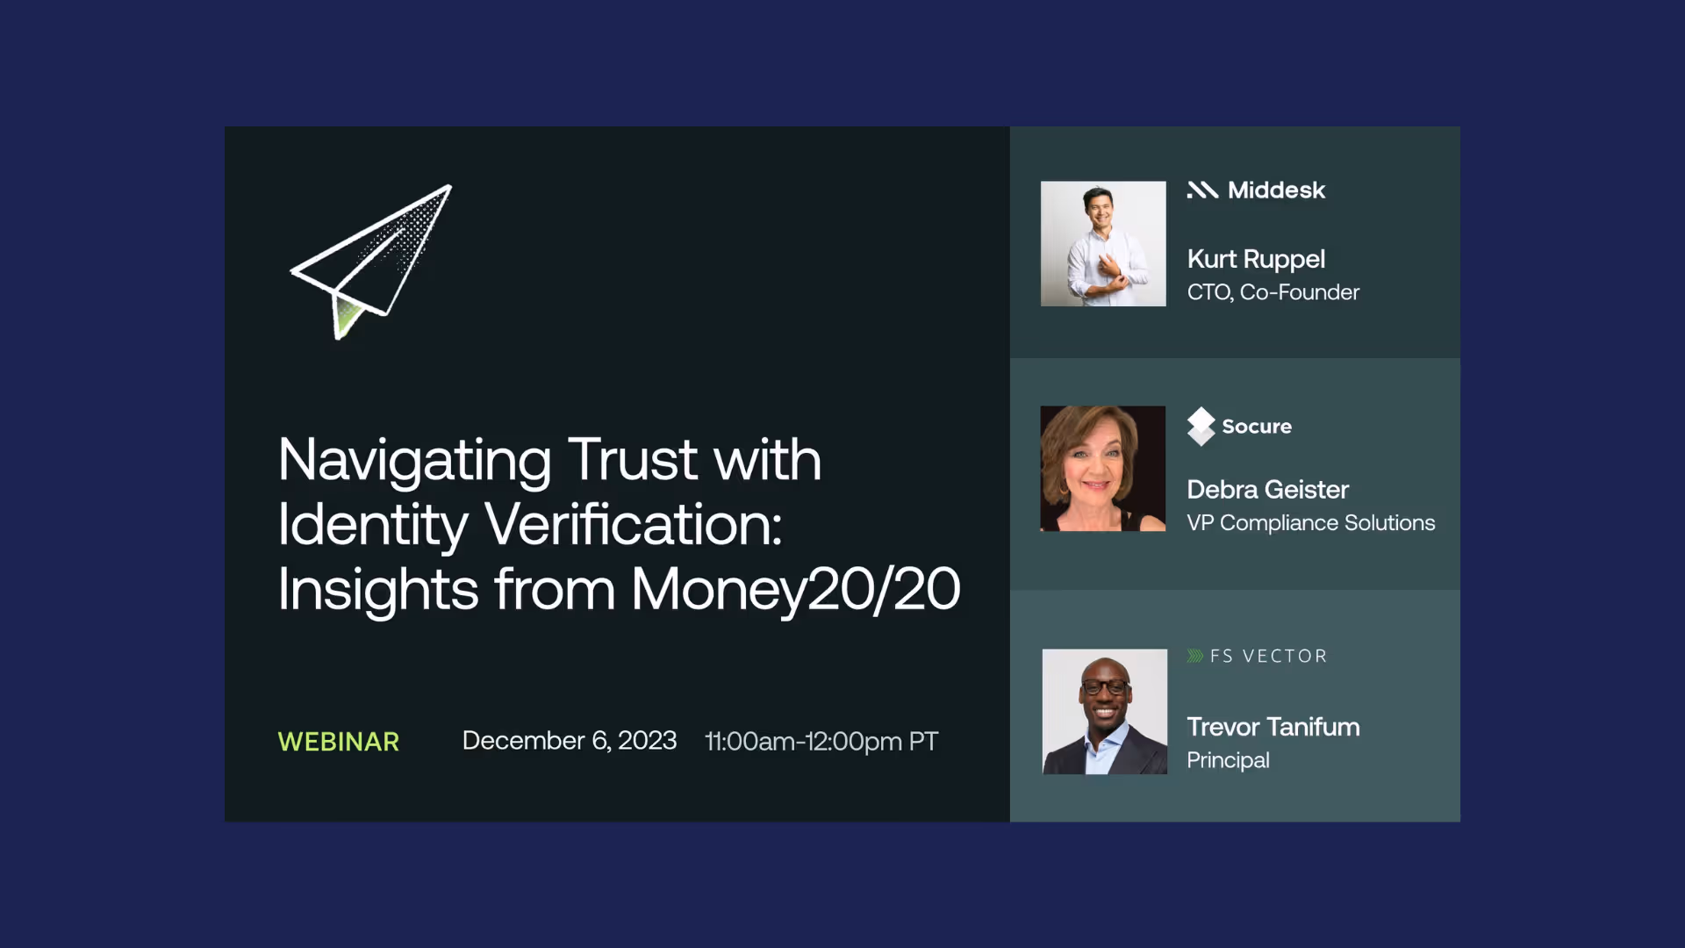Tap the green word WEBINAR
coord(339,742)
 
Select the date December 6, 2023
coord(569,741)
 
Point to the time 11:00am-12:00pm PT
coord(821,742)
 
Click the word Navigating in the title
coord(414,460)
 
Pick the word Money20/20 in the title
coord(795,588)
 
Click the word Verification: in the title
coord(633,524)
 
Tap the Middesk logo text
coord(1276,190)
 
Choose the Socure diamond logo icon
coord(1201,427)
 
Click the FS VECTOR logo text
coord(1268,657)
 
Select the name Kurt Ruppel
coord(1256,259)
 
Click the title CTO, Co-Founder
coord(1273,292)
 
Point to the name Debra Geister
coord(1267,490)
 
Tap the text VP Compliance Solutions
coord(1310,523)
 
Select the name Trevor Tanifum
coord(1273,727)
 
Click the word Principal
coord(1228,760)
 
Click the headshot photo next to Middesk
coord(1103,244)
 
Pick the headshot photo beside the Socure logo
coord(1103,469)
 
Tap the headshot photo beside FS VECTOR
coord(1104,712)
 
